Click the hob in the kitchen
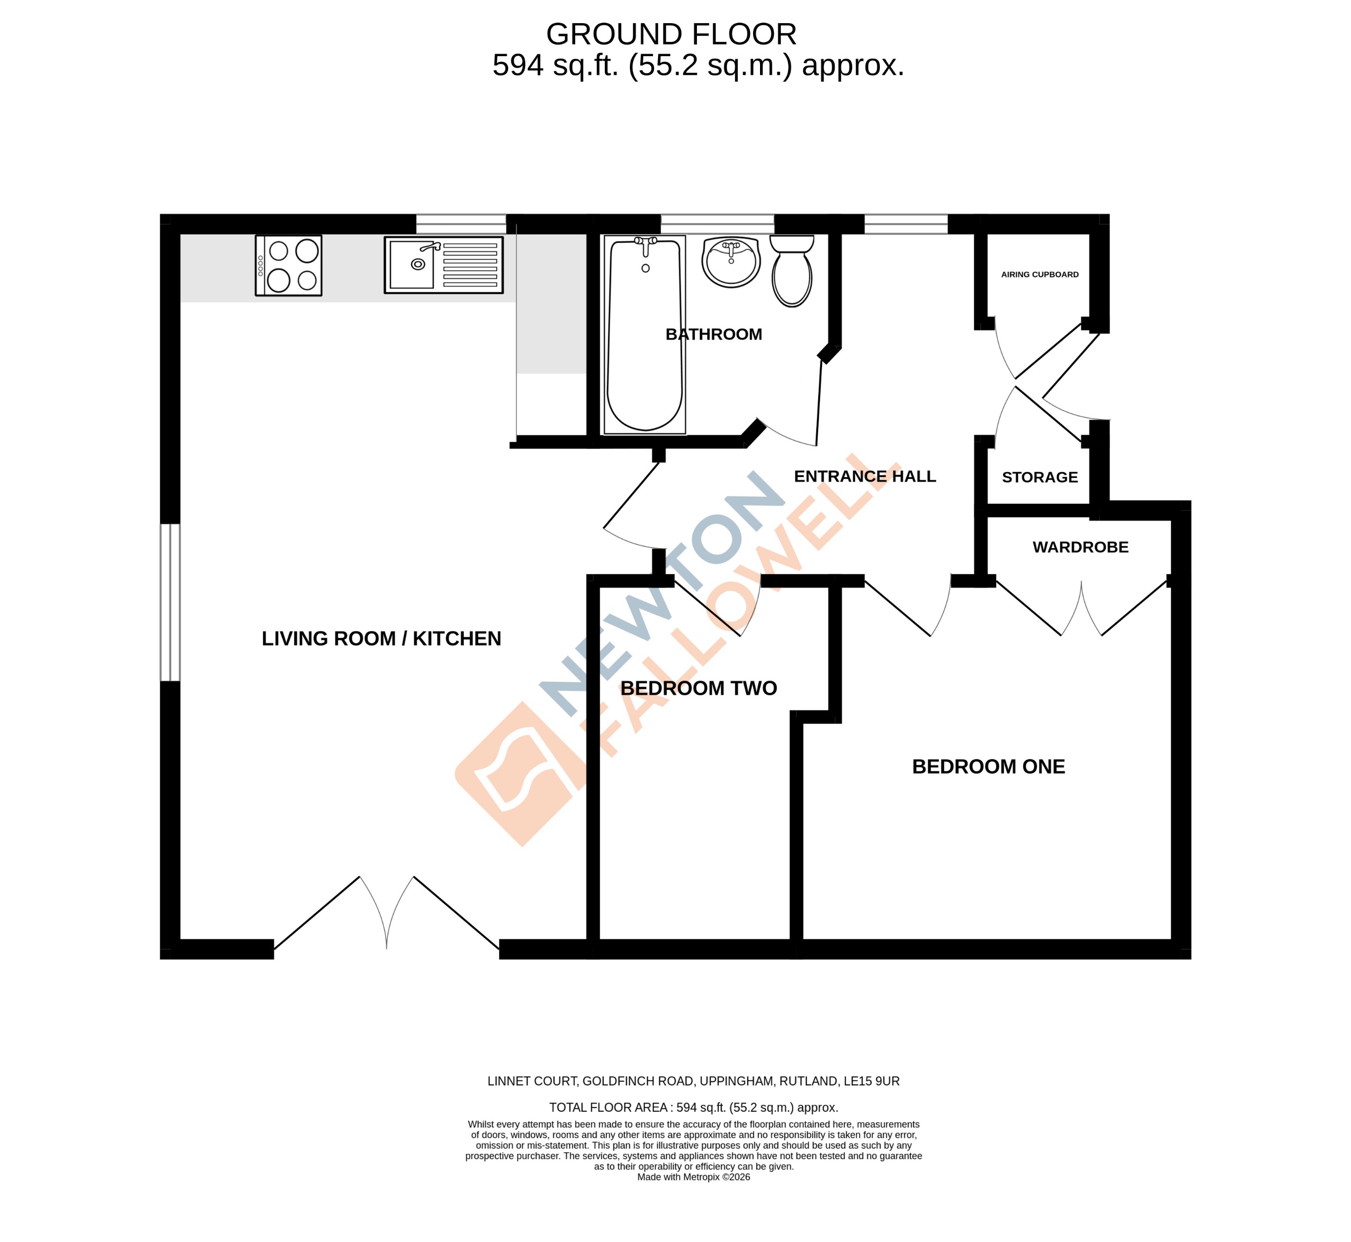point(288,266)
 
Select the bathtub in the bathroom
point(645,335)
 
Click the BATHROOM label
point(714,335)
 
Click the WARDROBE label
point(1080,548)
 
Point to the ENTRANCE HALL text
point(865,477)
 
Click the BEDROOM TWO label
point(698,688)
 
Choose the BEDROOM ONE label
point(988,767)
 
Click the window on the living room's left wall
point(170,603)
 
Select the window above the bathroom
point(717,224)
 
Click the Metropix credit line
point(693,1196)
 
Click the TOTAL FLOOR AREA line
point(693,1107)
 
